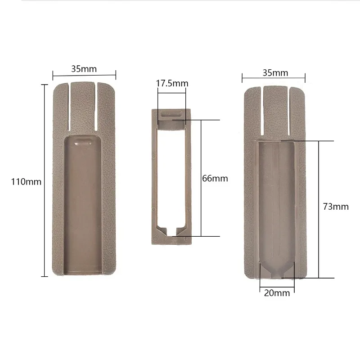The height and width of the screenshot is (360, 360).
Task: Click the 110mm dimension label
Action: click(26, 182)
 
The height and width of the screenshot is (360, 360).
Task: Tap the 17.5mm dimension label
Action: click(172, 83)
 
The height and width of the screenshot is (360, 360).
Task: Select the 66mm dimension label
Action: click(215, 178)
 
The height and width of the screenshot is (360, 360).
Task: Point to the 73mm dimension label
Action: click(336, 207)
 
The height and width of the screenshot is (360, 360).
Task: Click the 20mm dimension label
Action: click(277, 293)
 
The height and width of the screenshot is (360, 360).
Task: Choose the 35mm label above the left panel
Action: click(84, 69)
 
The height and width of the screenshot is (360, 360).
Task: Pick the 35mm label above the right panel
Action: click(275, 73)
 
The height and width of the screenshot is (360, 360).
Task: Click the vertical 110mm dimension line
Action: click(44, 180)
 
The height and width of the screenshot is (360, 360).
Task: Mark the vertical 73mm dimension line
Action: click(319, 209)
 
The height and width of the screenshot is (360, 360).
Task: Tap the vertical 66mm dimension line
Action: click(201, 178)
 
